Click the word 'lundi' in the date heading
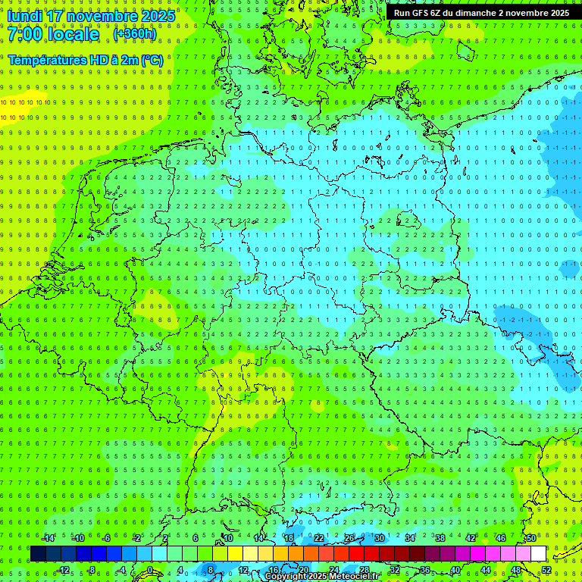pos(24,15)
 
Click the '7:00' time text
pos(24,34)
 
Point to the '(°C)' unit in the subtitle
pos(151,59)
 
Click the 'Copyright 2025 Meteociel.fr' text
pos(321,577)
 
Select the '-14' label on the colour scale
pos(49,538)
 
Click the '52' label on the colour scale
pos(546,570)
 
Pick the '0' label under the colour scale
pos(150,570)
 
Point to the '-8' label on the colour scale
pos(92,570)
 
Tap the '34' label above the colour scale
pos(409,538)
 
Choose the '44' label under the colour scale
pos(486,570)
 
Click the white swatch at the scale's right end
pos(538,554)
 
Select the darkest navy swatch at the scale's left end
pos(38,554)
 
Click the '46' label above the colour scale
pos(500,538)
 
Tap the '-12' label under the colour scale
pos(64,570)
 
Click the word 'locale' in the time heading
pos(74,34)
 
